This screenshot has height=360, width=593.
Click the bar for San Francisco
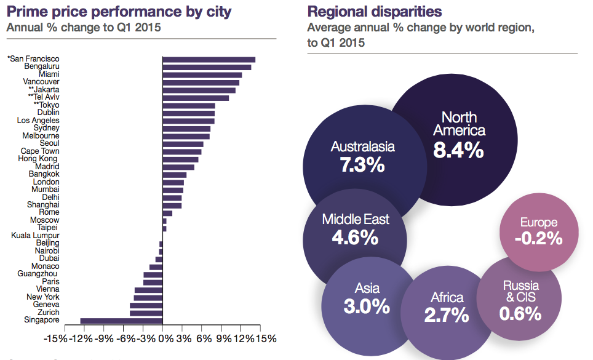pyautogui.click(x=209, y=59)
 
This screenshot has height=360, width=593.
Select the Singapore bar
pyautogui.click(x=121, y=321)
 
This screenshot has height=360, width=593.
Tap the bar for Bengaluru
pyautogui.click(x=207, y=67)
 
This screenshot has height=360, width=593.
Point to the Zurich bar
pyautogui.click(x=146, y=313)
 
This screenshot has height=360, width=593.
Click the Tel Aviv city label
pyautogui.click(x=44, y=97)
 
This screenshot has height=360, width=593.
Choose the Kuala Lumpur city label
pyautogui.click(x=35, y=236)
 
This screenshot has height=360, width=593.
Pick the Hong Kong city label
pyautogui.click(x=39, y=159)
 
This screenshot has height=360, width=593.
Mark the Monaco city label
pyautogui.click(x=46, y=266)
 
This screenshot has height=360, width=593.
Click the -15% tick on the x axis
pyautogui.click(x=56, y=338)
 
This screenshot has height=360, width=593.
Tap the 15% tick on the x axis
pyautogui.click(x=266, y=338)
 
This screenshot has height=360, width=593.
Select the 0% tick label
pyautogui.click(x=164, y=338)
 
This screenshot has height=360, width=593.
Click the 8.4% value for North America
pyautogui.click(x=459, y=150)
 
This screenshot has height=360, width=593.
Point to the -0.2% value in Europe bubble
pyautogui.click(x=539, y=238)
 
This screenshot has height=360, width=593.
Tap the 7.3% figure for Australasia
pyautogui.click(x=362, y=164)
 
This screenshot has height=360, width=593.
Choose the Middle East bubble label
pyautogui.click(x=356, y=220)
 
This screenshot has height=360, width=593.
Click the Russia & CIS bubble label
pyautogui.click(x=520, y=291)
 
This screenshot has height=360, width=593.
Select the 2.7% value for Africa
pyautogui.click(x=447, y=315)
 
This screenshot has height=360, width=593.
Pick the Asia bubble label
pyautogui.click(x=367, y=288)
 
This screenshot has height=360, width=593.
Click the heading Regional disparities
pyautogui.click(x=374, y=11)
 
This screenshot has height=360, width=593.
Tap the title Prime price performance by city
pyautogui.click(x=111, y=11)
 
